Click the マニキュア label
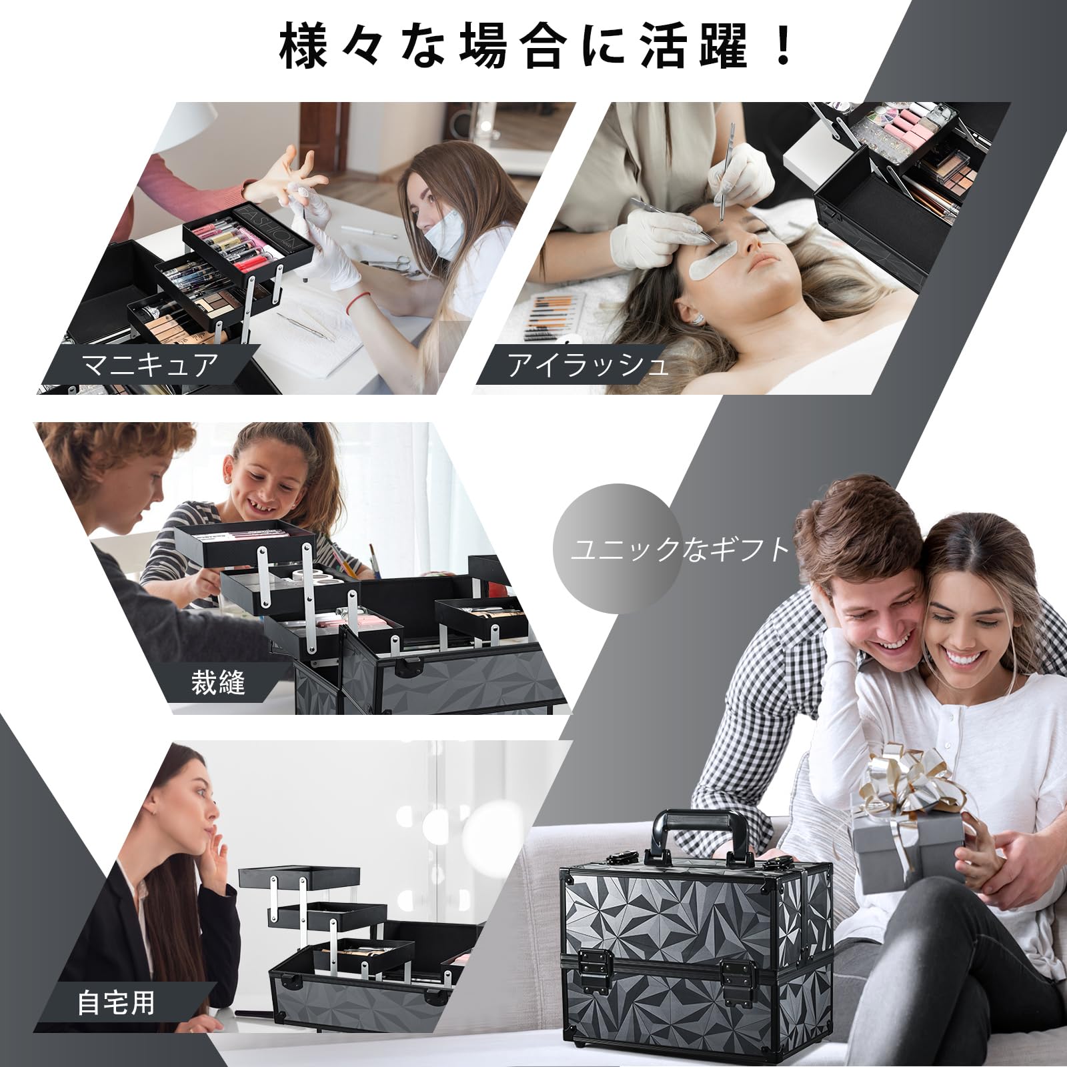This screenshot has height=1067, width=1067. [x=149, y=365]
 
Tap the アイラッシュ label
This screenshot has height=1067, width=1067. [x=588, y=365]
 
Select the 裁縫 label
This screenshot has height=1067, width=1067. [x=218, y=682]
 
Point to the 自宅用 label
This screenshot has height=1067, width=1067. [x=117, y=1003]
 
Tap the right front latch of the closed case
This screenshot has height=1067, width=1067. [x=737, y=974]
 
